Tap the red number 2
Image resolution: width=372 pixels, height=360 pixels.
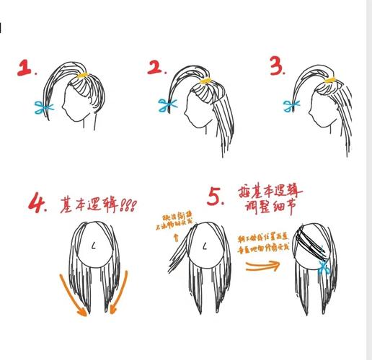(x=156, y=68)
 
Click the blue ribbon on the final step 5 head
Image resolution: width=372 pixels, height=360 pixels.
(x=323, y=269)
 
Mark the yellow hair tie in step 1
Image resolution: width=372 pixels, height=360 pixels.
(x=83, y=74)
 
